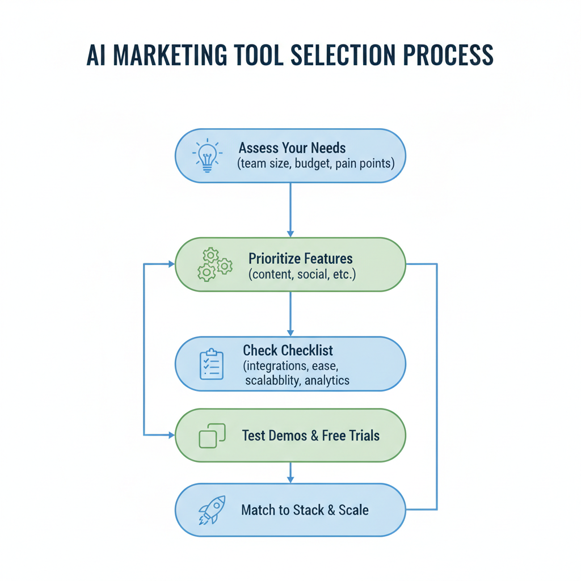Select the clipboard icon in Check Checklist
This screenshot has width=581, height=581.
(212, 364)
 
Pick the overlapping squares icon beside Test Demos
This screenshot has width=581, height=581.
(212, 436)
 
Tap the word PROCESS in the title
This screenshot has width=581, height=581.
(448, 55)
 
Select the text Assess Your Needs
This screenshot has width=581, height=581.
(292, 148)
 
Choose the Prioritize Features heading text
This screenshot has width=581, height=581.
(301, 259)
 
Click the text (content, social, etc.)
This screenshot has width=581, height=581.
(302, 275)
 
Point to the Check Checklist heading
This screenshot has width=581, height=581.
(288, 350)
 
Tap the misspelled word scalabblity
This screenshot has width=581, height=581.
(272, 381)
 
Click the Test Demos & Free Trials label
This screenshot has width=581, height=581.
(311, 436)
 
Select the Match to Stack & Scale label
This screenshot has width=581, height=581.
(305, 510)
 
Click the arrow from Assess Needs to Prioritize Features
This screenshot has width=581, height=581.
(290, 210)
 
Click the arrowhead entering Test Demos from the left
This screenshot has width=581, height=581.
(171, 435)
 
